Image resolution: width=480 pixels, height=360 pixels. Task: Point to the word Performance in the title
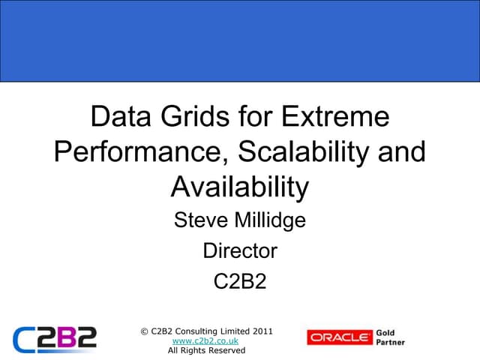click(139, 152)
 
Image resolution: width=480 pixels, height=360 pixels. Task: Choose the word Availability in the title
click(240, 187)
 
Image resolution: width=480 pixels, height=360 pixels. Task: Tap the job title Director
click(240, 250)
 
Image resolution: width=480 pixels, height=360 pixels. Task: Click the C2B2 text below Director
click(240, 281)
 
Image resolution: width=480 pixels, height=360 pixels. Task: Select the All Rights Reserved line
click(206, 350)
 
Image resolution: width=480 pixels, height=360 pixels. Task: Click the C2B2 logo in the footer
click(55, 338)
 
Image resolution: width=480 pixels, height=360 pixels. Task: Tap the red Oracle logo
click(339, 337)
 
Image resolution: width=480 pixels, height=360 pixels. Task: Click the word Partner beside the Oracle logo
click(391, 343)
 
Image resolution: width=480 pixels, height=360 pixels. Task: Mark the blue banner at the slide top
click(240, 40)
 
